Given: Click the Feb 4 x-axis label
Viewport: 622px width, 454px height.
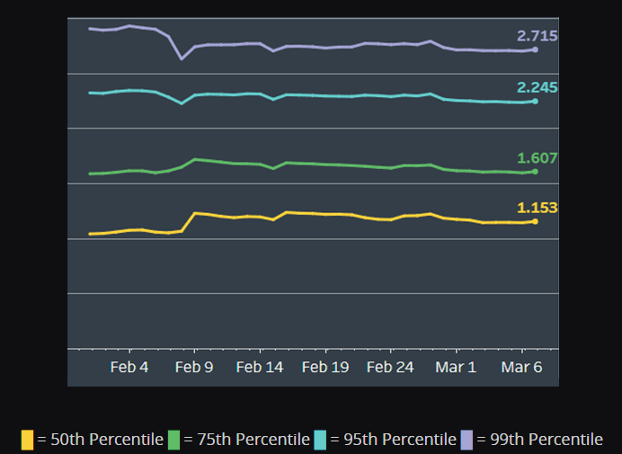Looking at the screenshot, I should pos(129,368).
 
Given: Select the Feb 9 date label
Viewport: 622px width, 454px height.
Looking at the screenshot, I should pos(195,368).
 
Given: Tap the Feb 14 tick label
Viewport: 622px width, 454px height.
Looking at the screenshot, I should pos(261,368).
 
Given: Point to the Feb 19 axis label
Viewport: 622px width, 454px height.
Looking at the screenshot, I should pos(325,368).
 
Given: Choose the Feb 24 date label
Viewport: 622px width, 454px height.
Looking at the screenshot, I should pos(391,368).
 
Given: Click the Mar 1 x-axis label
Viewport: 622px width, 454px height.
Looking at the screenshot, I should pos(456,368).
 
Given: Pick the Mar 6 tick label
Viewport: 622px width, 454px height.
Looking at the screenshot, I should pos(521,368).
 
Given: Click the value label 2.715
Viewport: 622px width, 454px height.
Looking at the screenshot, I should pos(537,36).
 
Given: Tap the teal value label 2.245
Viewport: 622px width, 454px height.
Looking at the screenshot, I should pos(537,87).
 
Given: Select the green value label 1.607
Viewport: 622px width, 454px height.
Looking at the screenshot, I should pos(537,158).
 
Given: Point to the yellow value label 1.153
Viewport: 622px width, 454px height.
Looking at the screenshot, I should pos(537,208).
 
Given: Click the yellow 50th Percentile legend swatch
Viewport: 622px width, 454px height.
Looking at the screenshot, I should pos(27,440).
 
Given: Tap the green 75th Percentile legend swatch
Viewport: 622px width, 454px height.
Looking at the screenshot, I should pos(173,440).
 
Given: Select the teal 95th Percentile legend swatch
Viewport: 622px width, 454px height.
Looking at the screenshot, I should pos(320,440).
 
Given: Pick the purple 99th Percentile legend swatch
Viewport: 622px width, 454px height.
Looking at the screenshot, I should pos(466,440).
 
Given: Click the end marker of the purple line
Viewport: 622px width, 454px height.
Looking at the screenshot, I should pos(535,49).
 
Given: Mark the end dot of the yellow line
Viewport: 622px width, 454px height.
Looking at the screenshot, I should pos(535,221).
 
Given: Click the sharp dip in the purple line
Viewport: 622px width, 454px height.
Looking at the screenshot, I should pos(182,58).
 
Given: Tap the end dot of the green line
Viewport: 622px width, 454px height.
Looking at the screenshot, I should pos(535,172).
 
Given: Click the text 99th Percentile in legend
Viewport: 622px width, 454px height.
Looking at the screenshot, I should pos(539,440).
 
